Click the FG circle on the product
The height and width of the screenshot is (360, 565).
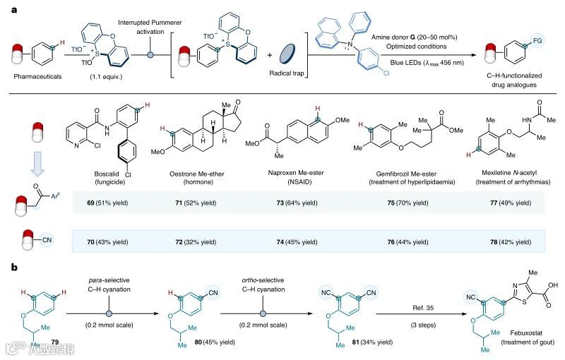(x=528, y=44)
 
